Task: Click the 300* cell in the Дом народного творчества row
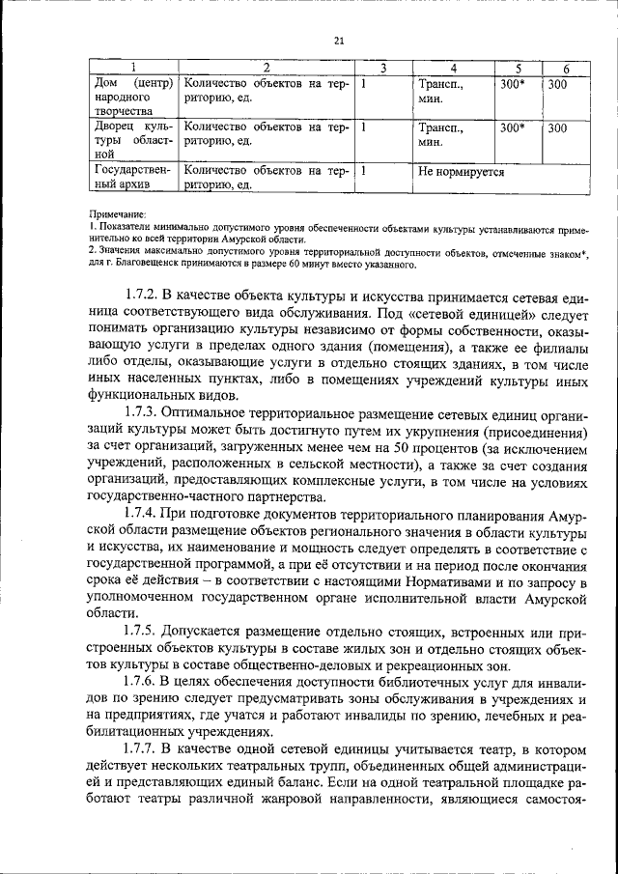pyautogui.click(x=513, y=84)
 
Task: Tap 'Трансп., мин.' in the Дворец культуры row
pyautogui.click(x=441, y=133)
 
